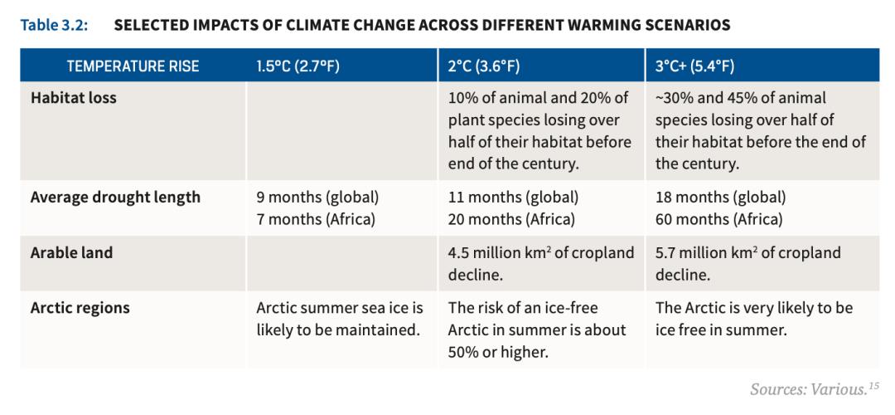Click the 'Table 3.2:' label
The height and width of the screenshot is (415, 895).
[56, 25]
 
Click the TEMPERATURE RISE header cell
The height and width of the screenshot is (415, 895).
[133, 66]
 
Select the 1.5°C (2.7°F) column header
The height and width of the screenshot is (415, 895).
[298, 66]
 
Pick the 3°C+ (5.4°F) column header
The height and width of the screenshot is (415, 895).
[695, 66]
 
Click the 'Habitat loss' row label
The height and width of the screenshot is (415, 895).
[74, 98]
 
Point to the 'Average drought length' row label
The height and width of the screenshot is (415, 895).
[115, 198]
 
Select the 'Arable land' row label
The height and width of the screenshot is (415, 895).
[71, 253]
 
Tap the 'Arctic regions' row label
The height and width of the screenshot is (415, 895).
[80, 308]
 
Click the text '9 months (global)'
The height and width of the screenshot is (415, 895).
[317, 198]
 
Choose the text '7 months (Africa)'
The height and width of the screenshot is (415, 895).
[317, 220]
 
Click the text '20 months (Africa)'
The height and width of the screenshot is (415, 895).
[512, 220]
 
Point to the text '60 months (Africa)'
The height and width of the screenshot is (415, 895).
[719, 220]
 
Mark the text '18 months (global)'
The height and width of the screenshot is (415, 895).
[720, 198]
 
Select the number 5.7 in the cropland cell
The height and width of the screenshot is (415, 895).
[666, 253]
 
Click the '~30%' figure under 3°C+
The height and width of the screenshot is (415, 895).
[674, 98]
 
